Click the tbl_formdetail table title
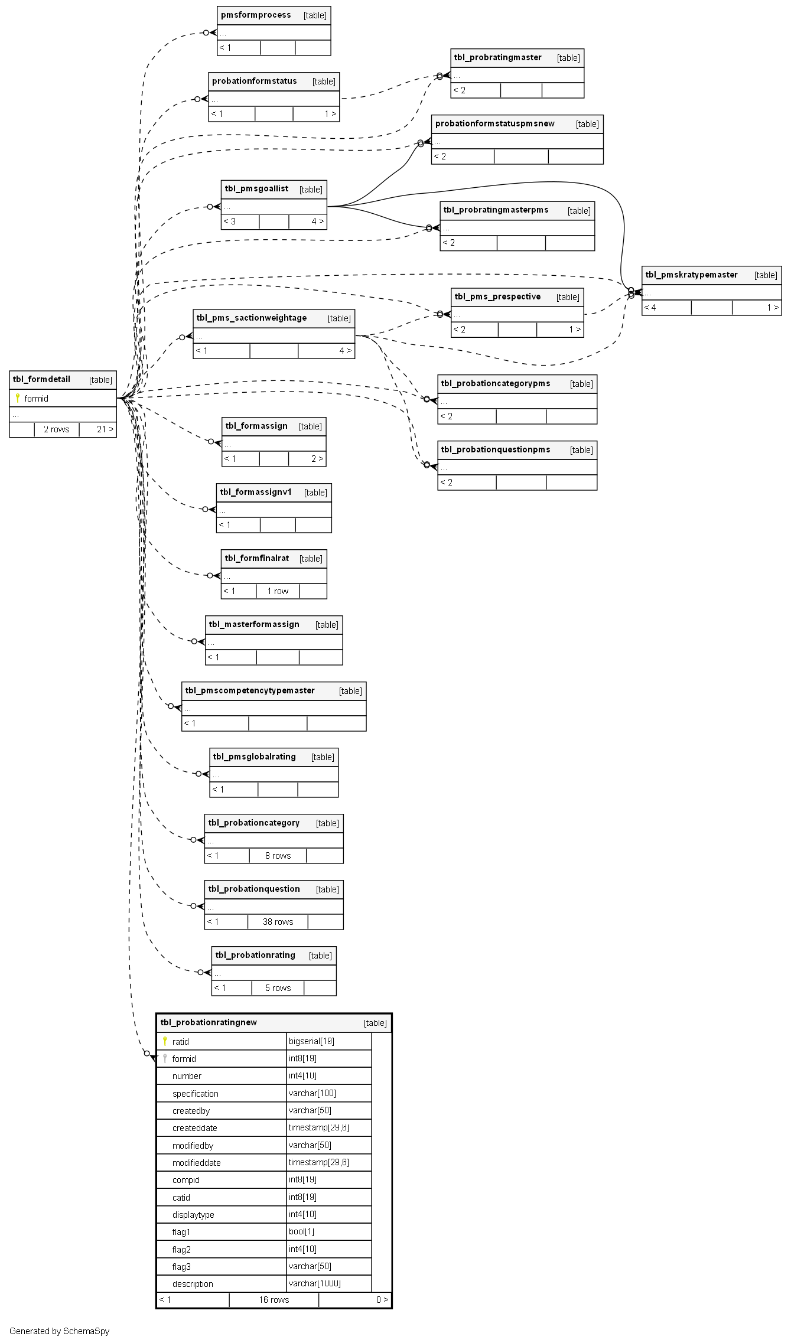41,379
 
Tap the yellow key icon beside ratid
165,1041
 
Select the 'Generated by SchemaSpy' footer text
59,1331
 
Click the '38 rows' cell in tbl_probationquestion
278,922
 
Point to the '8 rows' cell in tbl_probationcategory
278,856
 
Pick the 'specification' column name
195,1094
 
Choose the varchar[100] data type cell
313,1093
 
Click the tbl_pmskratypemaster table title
691,275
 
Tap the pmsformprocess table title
256,15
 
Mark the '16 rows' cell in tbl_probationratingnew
274,1300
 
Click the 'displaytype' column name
193,1215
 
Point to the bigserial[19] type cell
312,1041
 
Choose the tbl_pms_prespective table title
497,296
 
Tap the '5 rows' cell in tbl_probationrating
278,988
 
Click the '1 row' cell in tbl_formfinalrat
278,591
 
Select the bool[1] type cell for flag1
301,1231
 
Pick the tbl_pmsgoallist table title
256,188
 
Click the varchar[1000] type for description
315,1283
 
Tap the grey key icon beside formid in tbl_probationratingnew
165,1058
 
